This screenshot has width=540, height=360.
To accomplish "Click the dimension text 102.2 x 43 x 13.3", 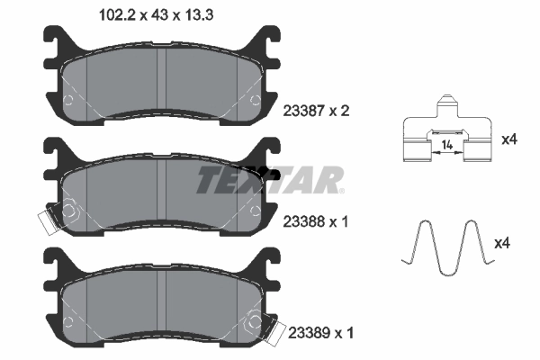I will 148,13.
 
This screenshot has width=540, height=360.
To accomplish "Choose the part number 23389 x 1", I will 319,333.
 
